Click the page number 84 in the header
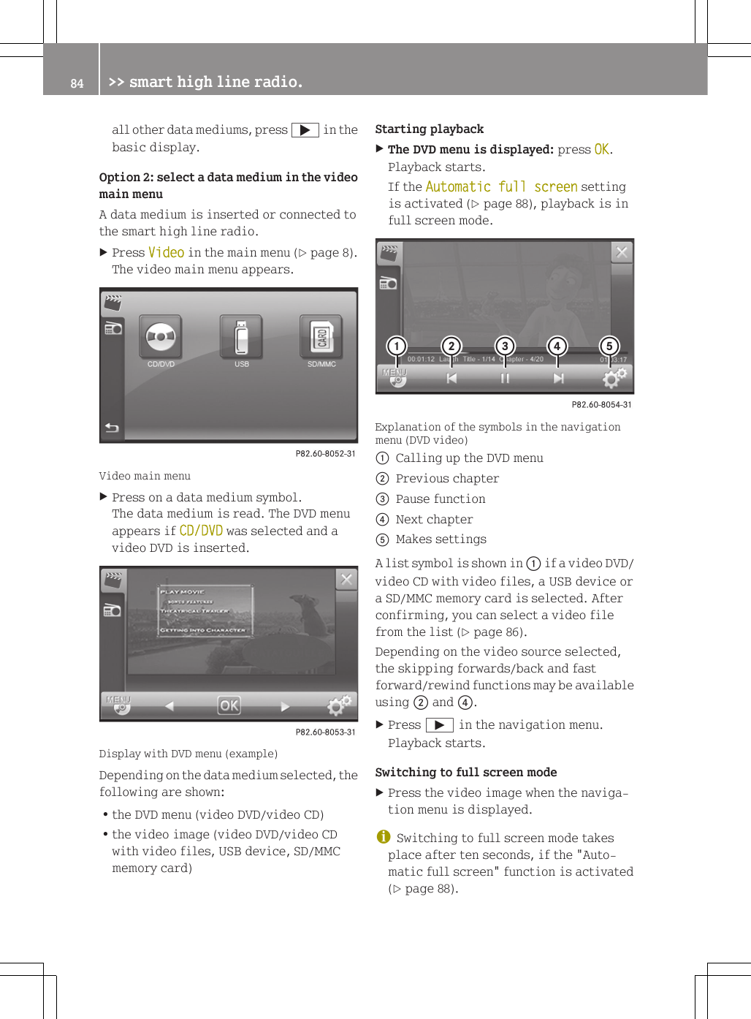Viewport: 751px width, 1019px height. click(x=77, y=83)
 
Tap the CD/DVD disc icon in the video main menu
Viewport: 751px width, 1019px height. click(x=161, y=337)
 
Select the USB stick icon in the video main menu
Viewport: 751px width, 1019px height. click(x=242, y=337)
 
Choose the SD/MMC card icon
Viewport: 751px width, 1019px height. click(x=321, y=337)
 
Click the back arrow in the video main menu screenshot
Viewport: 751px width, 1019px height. click(x=112, y=428)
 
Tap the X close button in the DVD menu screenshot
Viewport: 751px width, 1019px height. click(x=346, y=580)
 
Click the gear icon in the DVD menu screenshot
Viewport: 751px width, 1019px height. click(x=339, y=705)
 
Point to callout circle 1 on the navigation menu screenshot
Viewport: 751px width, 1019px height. click(x=397, y=346)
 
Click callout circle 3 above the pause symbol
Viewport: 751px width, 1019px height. click(x=505, y=346)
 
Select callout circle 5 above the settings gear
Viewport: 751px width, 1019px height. click(x=609, y=346)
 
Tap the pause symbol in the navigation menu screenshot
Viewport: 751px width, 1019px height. click(x=505, y=378)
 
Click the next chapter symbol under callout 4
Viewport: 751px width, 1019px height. click(x=558, y=378)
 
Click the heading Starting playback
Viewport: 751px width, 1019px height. click(x=429, y=129)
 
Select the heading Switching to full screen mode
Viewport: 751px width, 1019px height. click(x=465, y=773)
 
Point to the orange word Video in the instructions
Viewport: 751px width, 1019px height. click(x=166, y=253)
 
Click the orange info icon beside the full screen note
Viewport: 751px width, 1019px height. click(x=383, y=837)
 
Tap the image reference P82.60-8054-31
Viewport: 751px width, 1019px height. click(x=601, y=405)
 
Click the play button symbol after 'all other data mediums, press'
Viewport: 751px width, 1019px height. click(x=305, y=130)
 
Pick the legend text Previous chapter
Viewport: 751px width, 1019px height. click(x=447, y=479)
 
